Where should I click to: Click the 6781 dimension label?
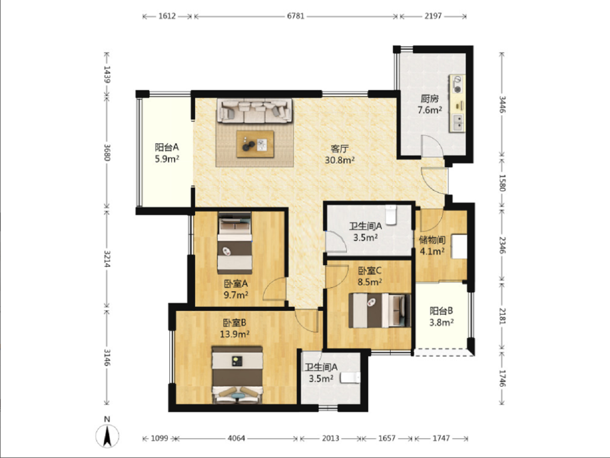pyautogui.click(x=296, y=16)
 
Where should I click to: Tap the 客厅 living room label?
pyautogui.click(x=339, y=149)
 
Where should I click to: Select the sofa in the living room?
pyautogui.click(x=255, y=111)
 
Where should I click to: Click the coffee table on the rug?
pyautogui.click(x=255, y=144)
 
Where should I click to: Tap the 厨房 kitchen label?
pyautogui.click(x=430, y=98)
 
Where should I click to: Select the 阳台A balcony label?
pyautogui.click(x=167, y=147)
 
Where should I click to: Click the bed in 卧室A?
pyautogui.click(x=235, y=244)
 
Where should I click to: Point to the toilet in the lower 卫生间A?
pyautogui.click(x=350, y=378)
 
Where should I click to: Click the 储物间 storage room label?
pyautogui.click(x=432, y=240)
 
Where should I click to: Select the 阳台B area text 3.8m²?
pyautogui.click(x=441, y=322)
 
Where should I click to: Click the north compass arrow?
pyautogui.click(x=107, y=436)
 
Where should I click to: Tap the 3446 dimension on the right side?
pyautogui.click(x=502, y=104)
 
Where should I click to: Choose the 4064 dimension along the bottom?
pyautogui.click(x=236, y=438)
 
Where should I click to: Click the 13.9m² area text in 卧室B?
pyautogui.click(x=234, y=334)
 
